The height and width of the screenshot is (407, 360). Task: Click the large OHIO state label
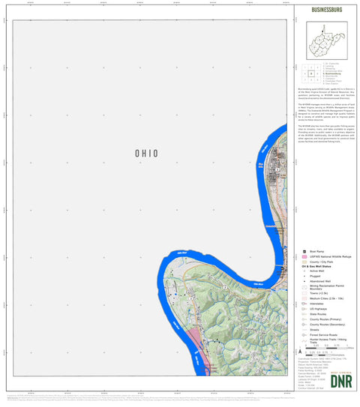click(146, 153)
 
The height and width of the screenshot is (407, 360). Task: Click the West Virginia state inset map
click(325, 39)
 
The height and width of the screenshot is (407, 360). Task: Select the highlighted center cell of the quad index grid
click(310, 74)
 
